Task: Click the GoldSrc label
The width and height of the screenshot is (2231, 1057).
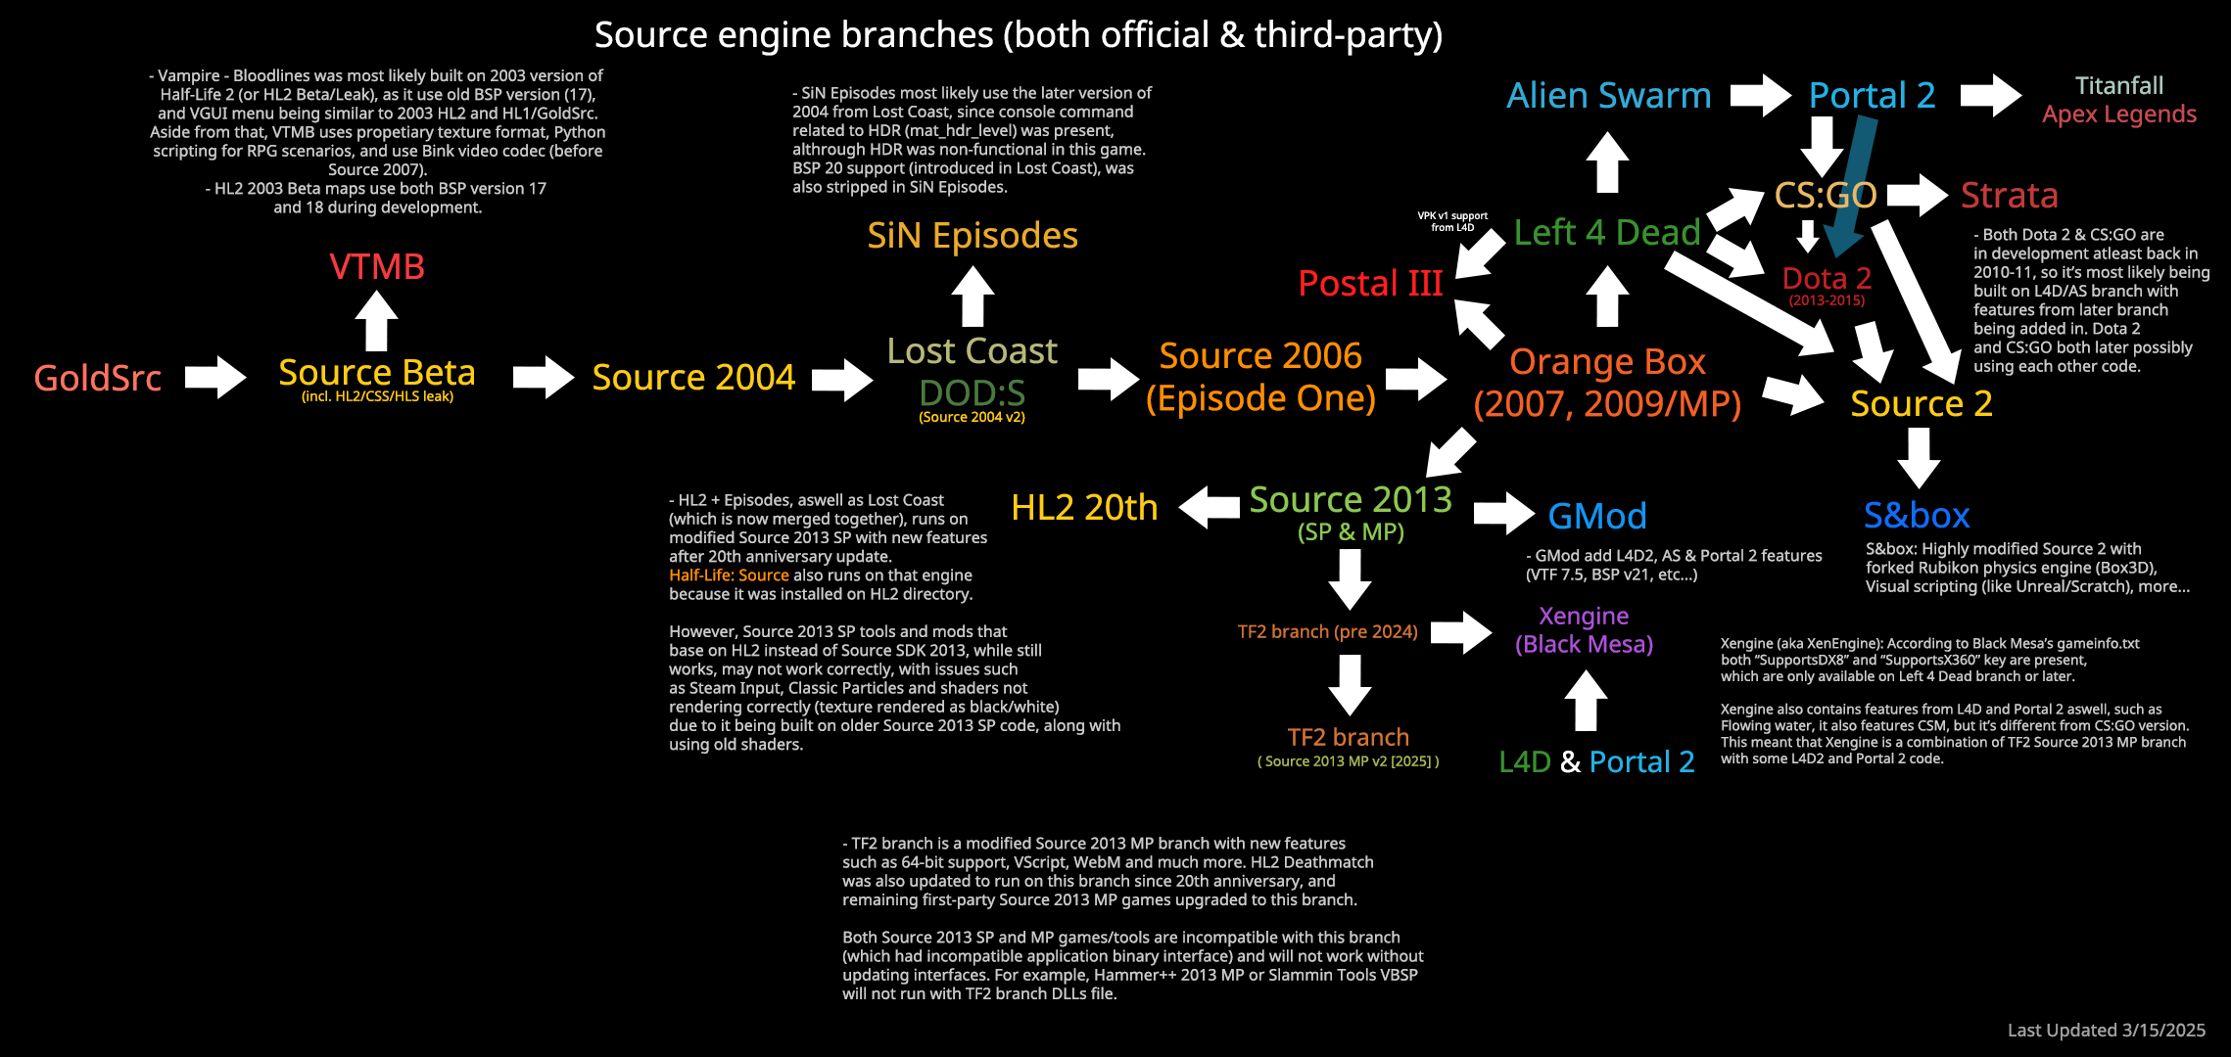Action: tap(98, 378)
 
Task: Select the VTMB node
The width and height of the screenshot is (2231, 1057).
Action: tap(377, 266)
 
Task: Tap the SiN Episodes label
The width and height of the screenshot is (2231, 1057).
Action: tap(973, 236)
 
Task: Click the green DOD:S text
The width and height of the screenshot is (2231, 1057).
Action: tap(973, 393)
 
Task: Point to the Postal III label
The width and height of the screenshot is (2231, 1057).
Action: tap(1370, 283)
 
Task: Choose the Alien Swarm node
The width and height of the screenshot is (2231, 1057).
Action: tap(1609, 96)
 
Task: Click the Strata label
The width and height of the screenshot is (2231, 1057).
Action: tap(2010, 196)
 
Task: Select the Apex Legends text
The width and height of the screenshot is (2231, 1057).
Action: tap(2119, 115)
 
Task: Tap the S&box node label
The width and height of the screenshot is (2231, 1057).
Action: tap(1917, 515)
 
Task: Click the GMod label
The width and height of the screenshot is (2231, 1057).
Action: tap(1597, 516)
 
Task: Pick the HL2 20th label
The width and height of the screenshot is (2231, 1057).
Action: tap(1084, 507)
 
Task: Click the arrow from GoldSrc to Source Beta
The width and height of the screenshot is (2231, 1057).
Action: tap(215, 377)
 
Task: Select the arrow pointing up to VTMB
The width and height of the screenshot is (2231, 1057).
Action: tap(376, 321)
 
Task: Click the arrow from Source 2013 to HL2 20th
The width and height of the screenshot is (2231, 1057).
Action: tap(1210, 507)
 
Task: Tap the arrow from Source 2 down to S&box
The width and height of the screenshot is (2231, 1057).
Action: tap(1919, 458)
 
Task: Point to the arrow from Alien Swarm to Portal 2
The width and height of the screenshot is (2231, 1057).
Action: tap(1761, 96)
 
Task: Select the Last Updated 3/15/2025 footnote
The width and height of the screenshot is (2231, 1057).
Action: tap(2107, 1030)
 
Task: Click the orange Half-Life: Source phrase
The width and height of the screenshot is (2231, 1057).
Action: tap(729, 575)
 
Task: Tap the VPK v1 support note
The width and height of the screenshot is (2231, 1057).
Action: tap(1452, 221)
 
